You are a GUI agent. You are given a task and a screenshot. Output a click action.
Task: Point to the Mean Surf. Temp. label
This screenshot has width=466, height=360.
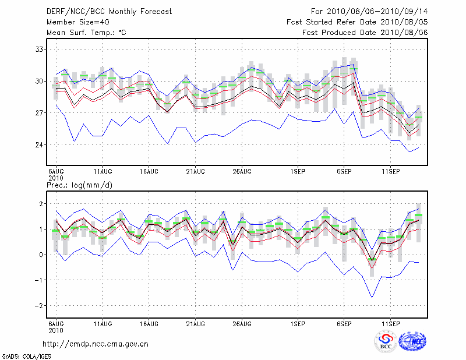tap(86, 33)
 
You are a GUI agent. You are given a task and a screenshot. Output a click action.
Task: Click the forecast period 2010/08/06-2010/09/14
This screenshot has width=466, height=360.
tap(369, 12)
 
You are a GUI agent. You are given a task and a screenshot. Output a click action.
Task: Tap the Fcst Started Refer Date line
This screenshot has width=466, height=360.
tap(357, 22)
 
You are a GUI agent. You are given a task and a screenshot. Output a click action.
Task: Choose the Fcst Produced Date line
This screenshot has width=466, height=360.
tap(365, 33)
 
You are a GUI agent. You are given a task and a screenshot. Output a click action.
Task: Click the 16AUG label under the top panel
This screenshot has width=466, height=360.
tap(149, 171)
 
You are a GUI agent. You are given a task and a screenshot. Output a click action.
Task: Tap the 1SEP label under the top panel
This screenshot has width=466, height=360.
tap(298, 171)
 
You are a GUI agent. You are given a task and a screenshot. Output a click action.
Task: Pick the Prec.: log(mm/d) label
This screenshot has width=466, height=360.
tap(79, 185)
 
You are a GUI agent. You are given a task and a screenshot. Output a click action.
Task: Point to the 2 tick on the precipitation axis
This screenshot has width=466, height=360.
tap(41, 204)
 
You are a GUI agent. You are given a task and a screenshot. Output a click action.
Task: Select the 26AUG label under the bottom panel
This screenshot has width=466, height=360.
tap(242, 323)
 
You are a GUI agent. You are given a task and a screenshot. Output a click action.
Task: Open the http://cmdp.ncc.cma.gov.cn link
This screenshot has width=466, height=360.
tap(96, 344)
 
